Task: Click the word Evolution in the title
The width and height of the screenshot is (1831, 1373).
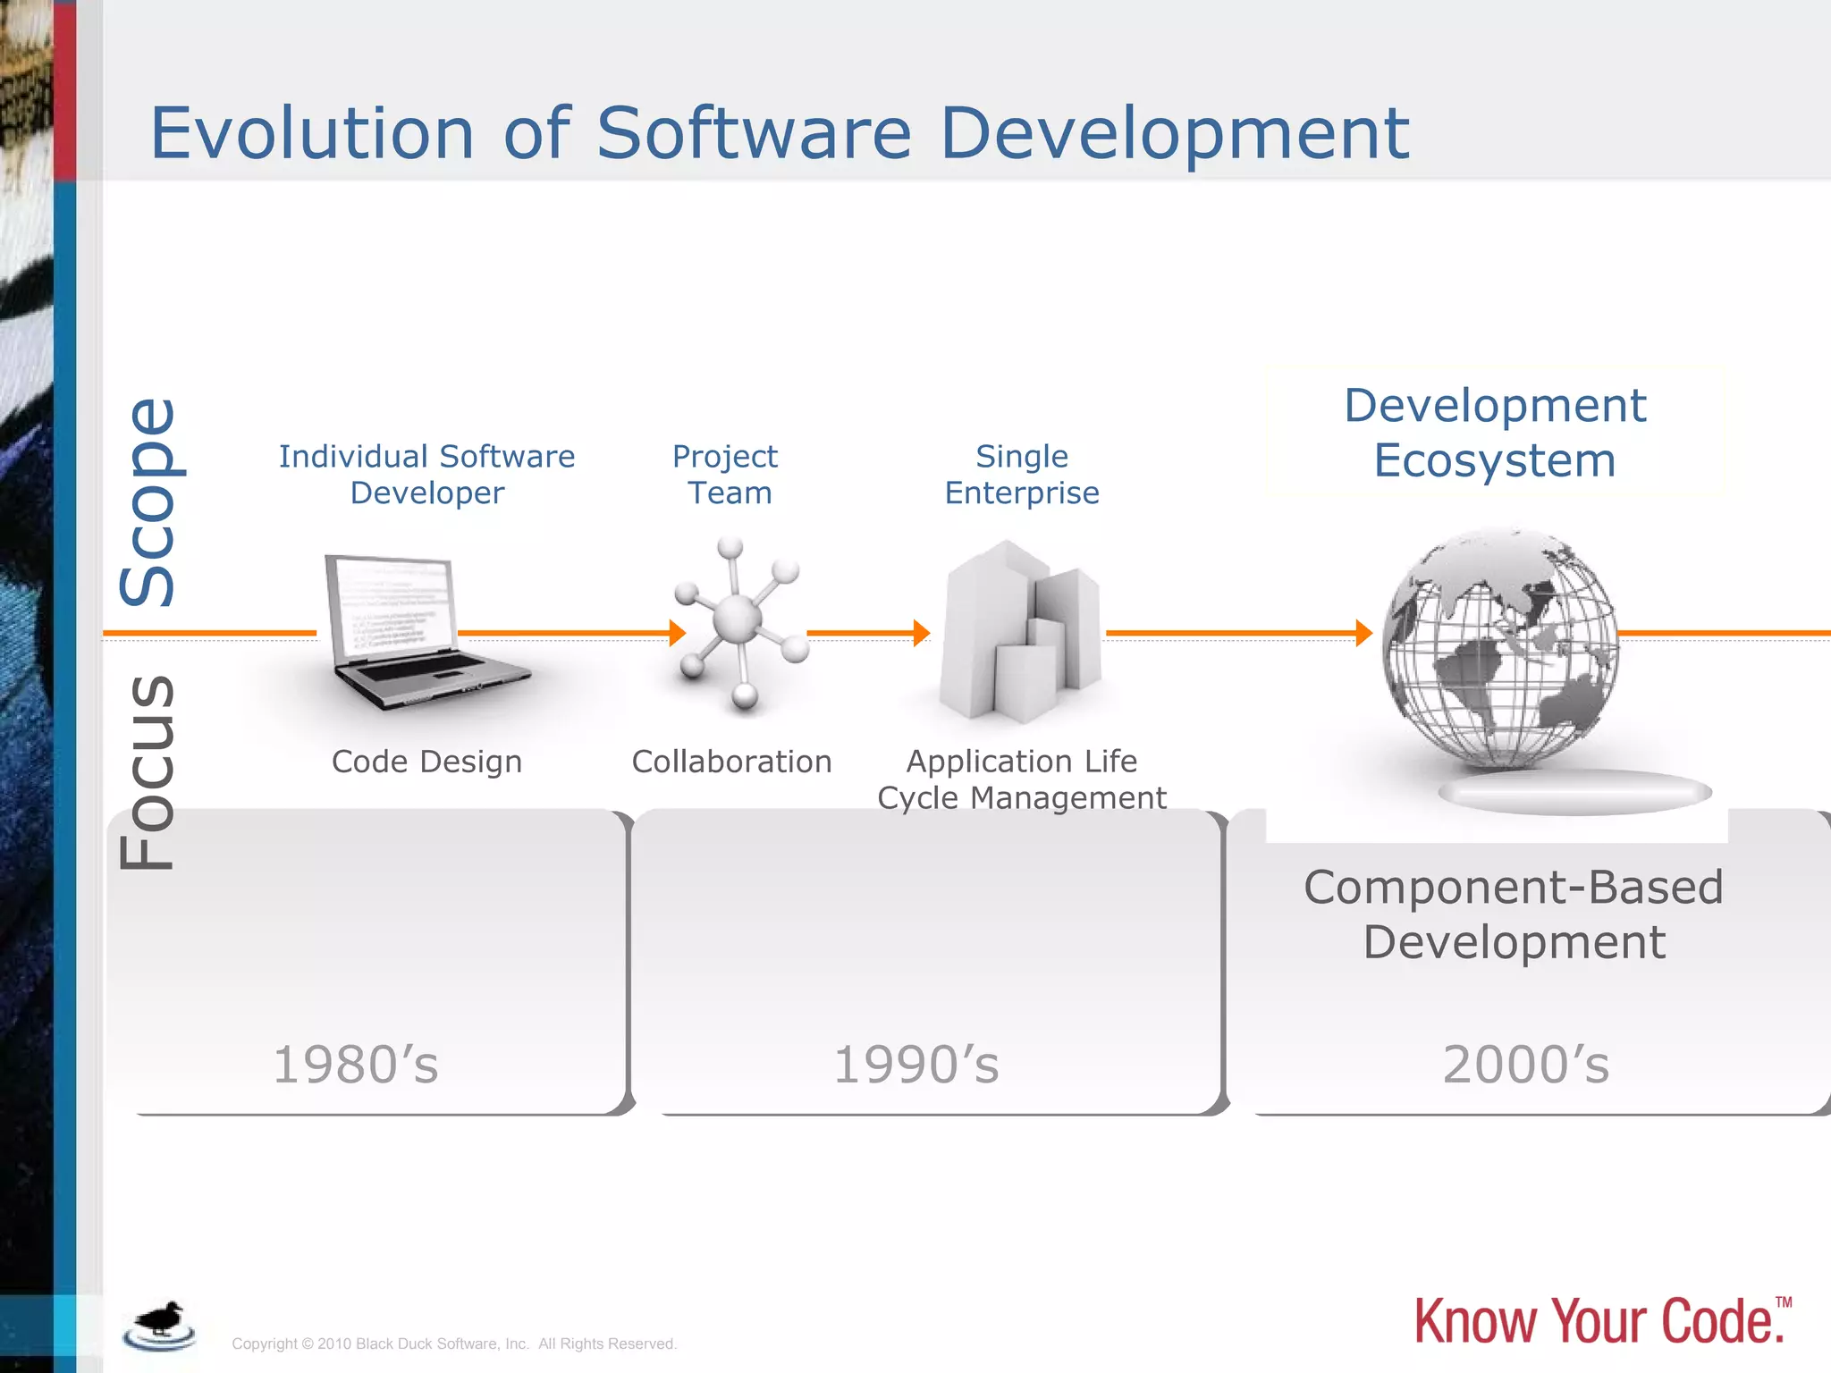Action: pyautogui.click(x=311, y=134)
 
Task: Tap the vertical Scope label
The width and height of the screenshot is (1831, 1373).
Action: pyautogui.click(x=148, y=502)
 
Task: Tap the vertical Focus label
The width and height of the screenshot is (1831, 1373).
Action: pyautogui.click(x=148, y=772)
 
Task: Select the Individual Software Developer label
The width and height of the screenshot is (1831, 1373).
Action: pyautogui.click(x=426, y=475)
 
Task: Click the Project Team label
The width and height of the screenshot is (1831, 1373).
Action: pyautogui.click(x=726, y=475)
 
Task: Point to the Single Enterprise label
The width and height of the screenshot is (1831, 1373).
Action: pyautogui.click(x=1022, y=475)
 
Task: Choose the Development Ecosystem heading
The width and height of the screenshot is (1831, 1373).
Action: pyautogui.click(x=1495, y=433)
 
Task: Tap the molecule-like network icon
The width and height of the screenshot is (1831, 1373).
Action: pyautogui.click(x=738, y=621)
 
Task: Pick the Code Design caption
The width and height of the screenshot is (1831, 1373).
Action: pyautogui.click(x=426, y=762)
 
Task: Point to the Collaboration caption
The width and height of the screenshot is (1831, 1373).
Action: pyautogui.click(x=731, y=762)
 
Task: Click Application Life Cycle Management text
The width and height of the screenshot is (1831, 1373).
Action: pyautogui.click(x=1022, y=779)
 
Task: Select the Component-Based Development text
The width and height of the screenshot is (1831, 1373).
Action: pyautogui.click(x=1513, y=914)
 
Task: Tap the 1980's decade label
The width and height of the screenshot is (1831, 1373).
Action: pyautogui.click(x=356, y=1065)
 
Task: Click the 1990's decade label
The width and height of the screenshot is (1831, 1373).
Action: pyautogui.click(x=916, y=1065)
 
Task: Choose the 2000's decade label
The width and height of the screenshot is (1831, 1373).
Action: pyautogui.click(x=1526, y=1065)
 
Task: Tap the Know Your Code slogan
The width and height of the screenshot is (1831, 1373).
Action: pyautogui.click(x=1599, y=1321)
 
